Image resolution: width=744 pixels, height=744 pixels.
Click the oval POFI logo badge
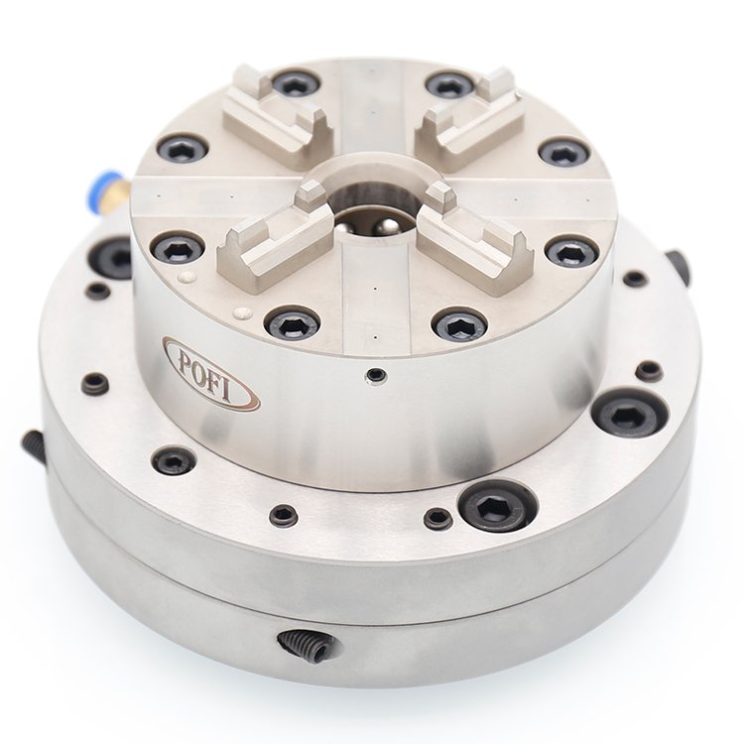point(211,373)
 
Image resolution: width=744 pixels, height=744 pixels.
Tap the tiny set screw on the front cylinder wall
point(375,376)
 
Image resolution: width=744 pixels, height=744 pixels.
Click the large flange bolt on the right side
point(630,413)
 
